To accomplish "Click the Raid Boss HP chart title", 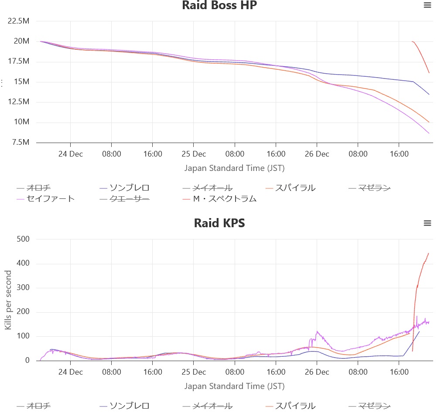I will (219, 6).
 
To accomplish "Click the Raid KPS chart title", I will (219, 223).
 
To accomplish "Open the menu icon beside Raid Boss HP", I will (427, 5).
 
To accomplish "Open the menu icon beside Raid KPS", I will (427, 223).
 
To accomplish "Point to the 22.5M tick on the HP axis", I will (19, 21).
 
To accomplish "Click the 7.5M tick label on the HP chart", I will (21, 142).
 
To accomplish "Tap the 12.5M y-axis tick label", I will (19, 102).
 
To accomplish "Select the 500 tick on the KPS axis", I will (23, 239).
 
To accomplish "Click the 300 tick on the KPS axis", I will (23, 288).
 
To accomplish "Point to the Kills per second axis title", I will (8, 300).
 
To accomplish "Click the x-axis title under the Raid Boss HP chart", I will (234, 168).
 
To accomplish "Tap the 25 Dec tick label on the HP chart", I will (193, 154).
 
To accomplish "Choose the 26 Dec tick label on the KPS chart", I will (317, 372).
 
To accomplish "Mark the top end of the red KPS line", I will (428, 253).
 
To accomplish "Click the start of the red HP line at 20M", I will (412, 41).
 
